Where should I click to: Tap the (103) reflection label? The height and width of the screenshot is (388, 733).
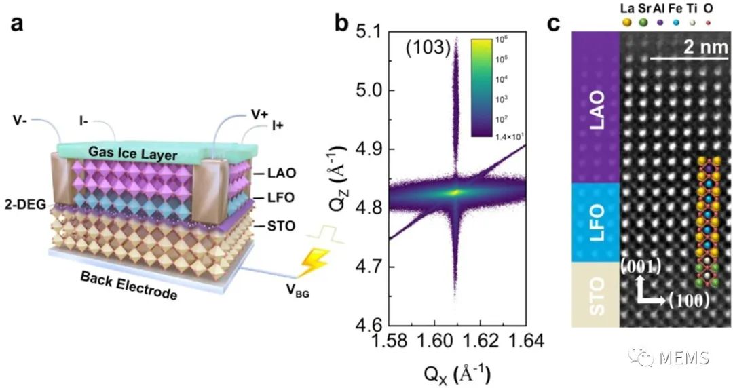tap(425, 47)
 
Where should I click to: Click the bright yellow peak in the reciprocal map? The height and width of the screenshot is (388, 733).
tap(455, 192)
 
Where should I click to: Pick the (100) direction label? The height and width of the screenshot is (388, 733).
tap(688, 299)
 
